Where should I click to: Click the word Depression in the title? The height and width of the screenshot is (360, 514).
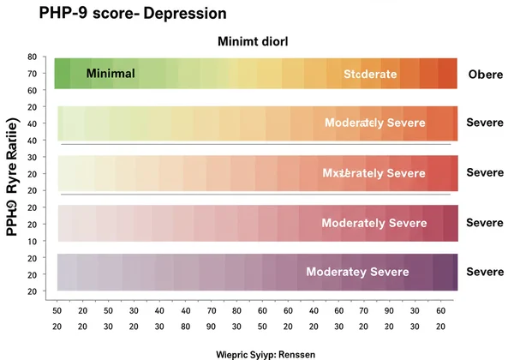click(177, 15)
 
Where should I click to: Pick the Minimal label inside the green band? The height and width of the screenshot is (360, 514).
click(111, 74)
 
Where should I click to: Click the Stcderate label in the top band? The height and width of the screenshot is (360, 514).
click(370, 75)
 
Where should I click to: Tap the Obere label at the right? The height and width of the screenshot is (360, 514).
click(486, 75)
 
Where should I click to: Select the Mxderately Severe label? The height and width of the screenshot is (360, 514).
click(374, 173)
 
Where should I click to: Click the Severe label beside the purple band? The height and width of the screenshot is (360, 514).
click(484, 272)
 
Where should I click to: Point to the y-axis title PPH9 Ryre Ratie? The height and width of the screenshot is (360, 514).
click(13, 171)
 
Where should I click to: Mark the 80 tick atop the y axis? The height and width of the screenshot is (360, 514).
click(32, 57)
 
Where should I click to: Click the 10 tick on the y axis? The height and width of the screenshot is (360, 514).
click(32, 241)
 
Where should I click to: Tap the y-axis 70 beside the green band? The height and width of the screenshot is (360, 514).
click(32, 72)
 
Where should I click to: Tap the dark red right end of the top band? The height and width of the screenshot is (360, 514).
click(447, 74)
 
